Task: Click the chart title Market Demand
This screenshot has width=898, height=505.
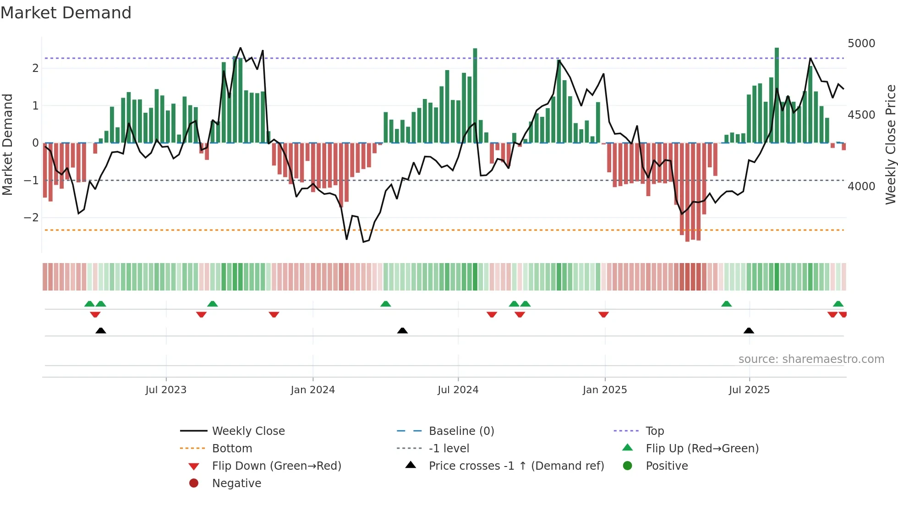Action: pos(66,13)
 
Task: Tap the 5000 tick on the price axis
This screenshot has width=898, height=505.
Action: pos(861,44)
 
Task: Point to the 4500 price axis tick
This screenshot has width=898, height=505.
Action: pos(861,115)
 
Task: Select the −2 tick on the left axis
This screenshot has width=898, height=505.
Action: pos(31,218)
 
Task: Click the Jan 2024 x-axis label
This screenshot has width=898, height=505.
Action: pos(312,390)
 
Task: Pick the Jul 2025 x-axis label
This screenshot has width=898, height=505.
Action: pos(749,390)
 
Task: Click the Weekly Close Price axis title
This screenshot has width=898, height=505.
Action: pos(890,144)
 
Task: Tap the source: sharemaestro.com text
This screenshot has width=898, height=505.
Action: pos(811,359)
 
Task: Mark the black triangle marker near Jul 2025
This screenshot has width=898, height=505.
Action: pos(749,330)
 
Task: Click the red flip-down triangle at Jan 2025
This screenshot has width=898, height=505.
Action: pos(603,314)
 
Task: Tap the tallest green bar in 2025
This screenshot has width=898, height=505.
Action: pos(777,96)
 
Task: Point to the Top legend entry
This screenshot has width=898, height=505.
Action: pos(655,431)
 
